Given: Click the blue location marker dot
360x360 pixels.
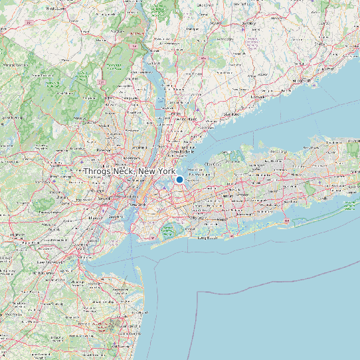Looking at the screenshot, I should click(179, 179).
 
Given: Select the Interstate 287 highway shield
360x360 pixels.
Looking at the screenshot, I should click(102, 80).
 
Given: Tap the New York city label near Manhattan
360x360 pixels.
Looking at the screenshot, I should click(137, 205).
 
